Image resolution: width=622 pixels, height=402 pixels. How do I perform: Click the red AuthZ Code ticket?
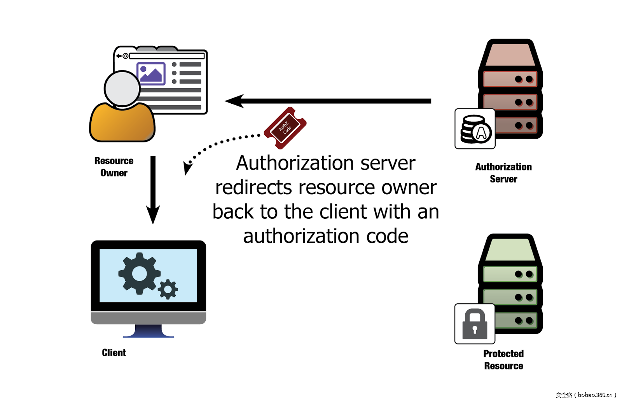[285, 128]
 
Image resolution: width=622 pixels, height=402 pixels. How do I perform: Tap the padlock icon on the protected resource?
[475, 324]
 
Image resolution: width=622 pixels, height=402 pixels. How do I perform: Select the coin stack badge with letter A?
[475, 129]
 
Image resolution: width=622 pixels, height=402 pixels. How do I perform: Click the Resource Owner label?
[114, 167]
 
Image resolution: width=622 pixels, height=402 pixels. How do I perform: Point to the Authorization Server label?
[503, 173]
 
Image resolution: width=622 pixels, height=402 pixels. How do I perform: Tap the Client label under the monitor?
[114, 353]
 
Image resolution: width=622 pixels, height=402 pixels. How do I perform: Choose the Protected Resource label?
[503, 360]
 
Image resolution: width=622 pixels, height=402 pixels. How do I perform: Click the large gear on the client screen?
[139, 273]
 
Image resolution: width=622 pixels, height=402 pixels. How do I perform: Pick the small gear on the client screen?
[168, 289]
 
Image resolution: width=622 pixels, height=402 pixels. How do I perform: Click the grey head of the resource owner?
[122, 89]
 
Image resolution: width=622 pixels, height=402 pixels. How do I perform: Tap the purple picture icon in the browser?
[151, 73]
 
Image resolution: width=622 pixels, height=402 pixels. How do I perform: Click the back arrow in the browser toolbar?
[119, 56]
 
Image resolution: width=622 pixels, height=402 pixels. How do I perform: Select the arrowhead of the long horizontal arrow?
[234, 101]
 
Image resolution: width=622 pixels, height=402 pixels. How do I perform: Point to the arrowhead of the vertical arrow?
[153, 215]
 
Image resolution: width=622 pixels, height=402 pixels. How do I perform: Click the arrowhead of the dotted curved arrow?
[187, 168]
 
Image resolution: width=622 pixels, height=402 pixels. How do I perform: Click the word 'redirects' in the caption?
[253, 188]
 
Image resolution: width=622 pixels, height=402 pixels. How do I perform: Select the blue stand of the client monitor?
[149, 331]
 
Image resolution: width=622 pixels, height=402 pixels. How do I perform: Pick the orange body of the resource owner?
[122, 123]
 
